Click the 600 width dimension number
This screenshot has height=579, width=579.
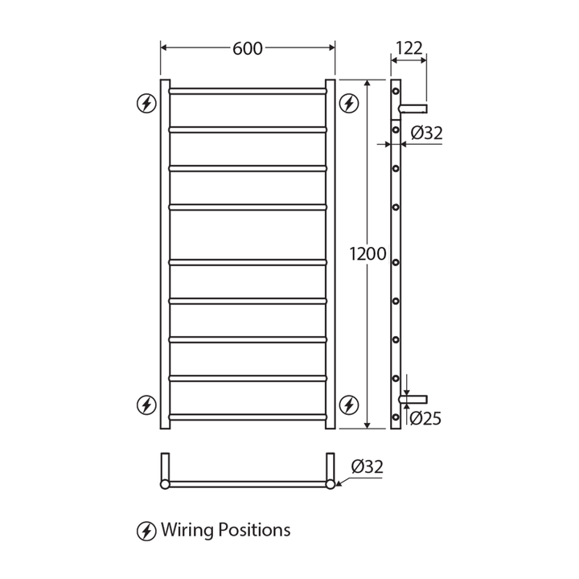coord(248,48)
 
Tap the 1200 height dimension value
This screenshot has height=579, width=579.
coord(368,255)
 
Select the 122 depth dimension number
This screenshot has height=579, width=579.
coord(409,48)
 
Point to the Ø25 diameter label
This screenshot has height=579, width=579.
coord(425,418)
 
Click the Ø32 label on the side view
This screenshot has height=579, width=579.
coord(426,134)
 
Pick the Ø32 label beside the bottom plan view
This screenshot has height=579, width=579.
coord(367,466)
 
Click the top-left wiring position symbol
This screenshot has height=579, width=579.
coord(146,103)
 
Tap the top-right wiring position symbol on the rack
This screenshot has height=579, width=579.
coord(347,103)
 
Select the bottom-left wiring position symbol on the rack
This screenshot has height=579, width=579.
coord(146,404)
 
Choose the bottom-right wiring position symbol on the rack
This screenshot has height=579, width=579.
coord(347,404)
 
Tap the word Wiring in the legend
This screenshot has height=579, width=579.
coord(184,531)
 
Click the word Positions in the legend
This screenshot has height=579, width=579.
coord(251,531)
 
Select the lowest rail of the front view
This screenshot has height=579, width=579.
coord(248,417)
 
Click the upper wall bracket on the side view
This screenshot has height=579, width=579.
coord(414,108)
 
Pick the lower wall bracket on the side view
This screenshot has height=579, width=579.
coord(414,399)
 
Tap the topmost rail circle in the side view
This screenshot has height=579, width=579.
coord(396,92)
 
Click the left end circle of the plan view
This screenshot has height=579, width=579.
coord(165,484)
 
